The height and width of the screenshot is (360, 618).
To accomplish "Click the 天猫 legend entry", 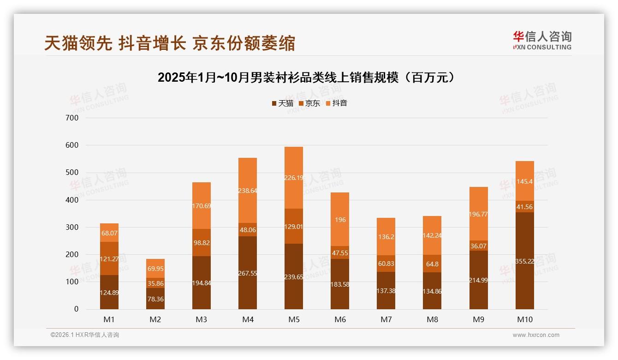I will [x=283, y=103].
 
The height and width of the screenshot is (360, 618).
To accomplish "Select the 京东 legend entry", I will [x=309, y=103].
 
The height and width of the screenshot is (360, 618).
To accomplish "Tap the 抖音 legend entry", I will [x=336, y=103].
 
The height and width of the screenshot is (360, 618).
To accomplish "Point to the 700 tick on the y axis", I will [x=73, y=118].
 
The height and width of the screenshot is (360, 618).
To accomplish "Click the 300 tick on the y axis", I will [x=73, y=227].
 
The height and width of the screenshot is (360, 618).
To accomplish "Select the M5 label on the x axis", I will [x=294, y=319].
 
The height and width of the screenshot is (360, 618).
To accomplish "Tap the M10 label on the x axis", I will [x=524, y=319].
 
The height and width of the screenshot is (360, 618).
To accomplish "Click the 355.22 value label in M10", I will [x=524, y=261].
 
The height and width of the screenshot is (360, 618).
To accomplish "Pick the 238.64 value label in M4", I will [x=248, y=190].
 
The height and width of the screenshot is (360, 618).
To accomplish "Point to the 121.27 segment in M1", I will [x=109, y=258].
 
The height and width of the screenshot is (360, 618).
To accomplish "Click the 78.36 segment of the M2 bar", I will [x=155, y=299].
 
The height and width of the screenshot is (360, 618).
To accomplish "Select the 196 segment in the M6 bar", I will [x=340, y=220].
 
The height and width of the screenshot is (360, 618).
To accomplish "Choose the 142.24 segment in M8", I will [x=432, y=235].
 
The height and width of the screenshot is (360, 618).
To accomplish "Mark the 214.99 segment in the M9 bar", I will [x=478, y=280].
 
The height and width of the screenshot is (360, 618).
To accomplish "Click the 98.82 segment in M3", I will [x=202, y=242].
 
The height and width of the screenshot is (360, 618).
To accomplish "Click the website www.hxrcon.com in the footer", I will [x=536, y=335].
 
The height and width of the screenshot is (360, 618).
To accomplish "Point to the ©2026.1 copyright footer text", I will [x=85, y=335].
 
